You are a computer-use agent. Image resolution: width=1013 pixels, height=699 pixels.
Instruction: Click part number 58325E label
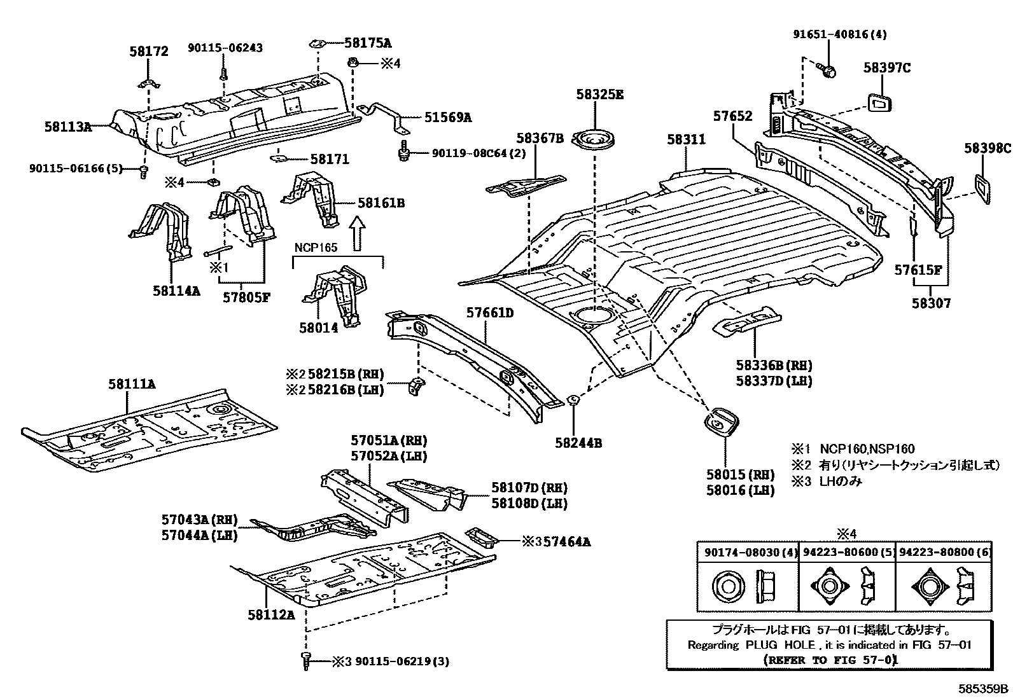(599, 95)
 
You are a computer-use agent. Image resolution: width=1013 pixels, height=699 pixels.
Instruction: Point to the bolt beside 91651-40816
(826, 71)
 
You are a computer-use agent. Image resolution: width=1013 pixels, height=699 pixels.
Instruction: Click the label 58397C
(887, 68)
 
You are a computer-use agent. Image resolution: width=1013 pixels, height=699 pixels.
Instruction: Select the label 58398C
(987, 149)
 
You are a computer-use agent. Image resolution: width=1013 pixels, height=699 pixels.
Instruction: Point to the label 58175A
(368, 43)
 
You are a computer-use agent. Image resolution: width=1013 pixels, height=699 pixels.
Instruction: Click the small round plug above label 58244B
(572, 400)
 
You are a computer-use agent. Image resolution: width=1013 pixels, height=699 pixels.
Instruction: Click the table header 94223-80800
(944, 553)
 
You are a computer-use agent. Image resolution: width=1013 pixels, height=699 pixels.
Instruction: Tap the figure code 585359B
(984, 689)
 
